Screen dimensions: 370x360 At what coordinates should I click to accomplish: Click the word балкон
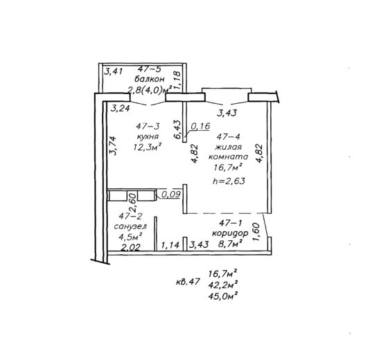[x=149, y=79]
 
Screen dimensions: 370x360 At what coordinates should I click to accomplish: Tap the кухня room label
[x=148, y=136]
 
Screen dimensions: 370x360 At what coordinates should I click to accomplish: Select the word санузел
[x=130, y=226]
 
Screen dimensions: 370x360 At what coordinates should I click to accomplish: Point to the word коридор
[x=230, y=233]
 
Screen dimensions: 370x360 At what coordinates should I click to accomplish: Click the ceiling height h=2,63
[x=229, y=181]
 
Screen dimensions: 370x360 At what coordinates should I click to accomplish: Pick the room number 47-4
[x=228, y=136]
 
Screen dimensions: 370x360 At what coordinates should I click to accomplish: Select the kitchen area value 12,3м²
[x=148, y=147]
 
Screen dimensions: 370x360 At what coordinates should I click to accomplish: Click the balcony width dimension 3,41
[x=114, y=71]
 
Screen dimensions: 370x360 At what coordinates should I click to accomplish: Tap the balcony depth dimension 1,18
[x=177, y=80]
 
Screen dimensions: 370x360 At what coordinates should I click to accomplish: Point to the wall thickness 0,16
[x=200, y=126]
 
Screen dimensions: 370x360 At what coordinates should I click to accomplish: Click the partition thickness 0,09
[x=171, y=194]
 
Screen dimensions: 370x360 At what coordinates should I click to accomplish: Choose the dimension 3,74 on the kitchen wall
[x=112, y=145]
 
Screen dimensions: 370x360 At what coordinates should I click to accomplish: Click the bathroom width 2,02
[x=131, y=247]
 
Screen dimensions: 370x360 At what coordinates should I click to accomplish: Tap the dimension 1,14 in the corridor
[x=170, y=245]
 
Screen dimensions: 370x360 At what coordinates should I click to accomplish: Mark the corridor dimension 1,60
[x=256, y=232]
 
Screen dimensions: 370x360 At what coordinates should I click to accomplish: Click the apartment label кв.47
[x=188, y=282]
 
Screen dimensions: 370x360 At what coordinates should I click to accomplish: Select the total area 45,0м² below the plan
[x=222, y=296]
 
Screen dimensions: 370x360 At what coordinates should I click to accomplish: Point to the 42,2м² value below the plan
[x=222, y=285]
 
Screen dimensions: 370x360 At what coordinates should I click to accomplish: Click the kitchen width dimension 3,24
[x=121, y=109]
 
